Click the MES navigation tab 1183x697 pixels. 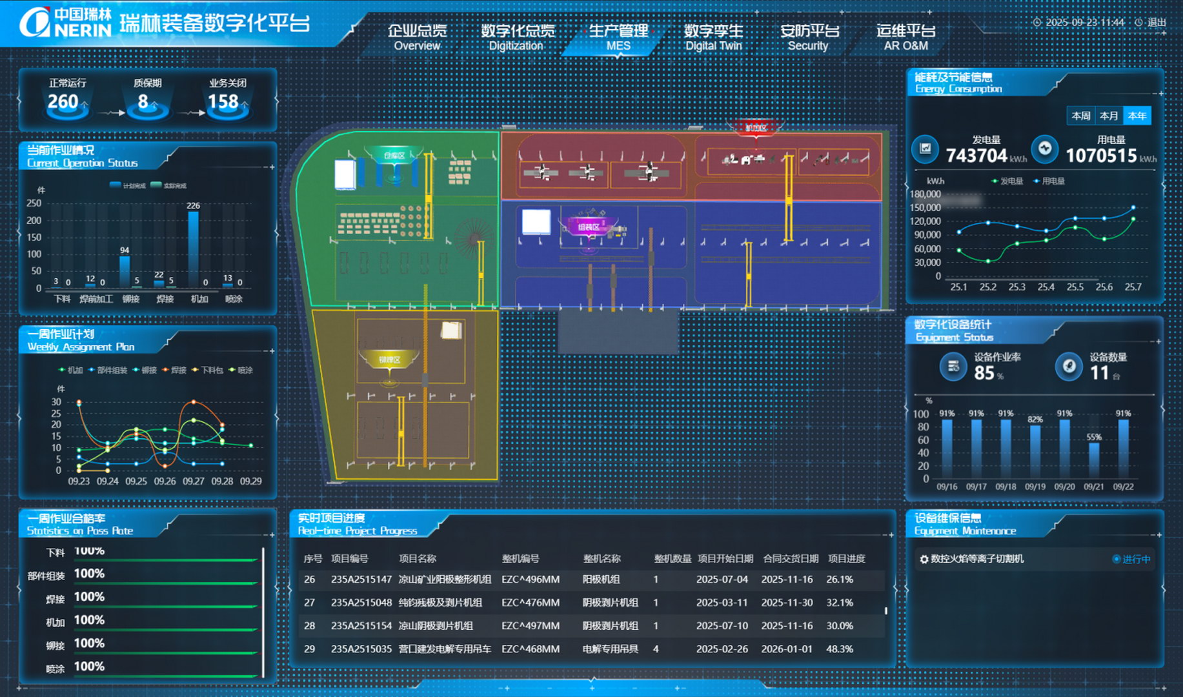(618, 37)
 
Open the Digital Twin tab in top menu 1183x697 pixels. (713, 37)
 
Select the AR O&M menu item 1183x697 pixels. (905, 37)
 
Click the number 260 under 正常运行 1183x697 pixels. (63, 101)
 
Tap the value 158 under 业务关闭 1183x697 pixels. (223, 101)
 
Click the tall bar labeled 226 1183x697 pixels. (193, 248)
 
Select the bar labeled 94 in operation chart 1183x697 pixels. (125, 271)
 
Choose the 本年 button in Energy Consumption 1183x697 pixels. (1137, 116)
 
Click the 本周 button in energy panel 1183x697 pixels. (1081, 116)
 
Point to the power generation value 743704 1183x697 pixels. (976, 156)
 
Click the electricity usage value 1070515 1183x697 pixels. (1100, 156)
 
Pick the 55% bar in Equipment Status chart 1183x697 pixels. (1094, 460)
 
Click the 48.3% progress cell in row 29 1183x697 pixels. (839, 649)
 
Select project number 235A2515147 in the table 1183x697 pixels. (361, 580)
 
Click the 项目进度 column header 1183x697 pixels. (846, 558)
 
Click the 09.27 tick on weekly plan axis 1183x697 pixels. (194, 481)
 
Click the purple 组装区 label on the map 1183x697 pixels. (588, 227)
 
